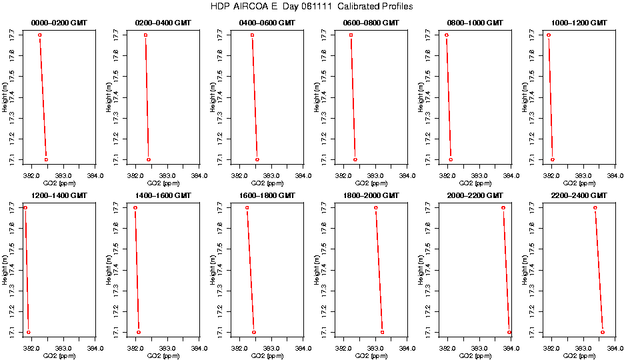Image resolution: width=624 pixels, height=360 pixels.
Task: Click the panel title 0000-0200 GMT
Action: tap(59, 23)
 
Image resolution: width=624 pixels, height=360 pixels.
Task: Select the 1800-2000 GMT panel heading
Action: tap(371, 195)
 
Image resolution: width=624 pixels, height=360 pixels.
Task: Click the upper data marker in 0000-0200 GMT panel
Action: tap(40, 35)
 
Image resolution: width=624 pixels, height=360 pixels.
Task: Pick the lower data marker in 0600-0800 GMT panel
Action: tap(355, 159)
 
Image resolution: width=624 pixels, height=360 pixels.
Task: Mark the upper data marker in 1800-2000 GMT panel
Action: tap(376, 207)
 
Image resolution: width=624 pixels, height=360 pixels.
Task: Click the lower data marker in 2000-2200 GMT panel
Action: tap(509, 332)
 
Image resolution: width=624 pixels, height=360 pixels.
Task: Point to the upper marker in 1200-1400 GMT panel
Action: tap(25, 207)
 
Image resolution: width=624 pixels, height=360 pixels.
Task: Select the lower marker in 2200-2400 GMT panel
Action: tap(603, 332)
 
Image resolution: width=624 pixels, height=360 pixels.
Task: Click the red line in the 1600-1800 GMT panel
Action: tap(251, 270)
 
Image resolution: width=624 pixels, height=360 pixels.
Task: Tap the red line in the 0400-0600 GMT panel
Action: tap(255, 97)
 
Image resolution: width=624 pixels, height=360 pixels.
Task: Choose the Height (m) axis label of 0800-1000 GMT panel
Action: tap(421, 97)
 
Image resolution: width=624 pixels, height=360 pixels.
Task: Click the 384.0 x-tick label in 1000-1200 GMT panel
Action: tap(615, 175)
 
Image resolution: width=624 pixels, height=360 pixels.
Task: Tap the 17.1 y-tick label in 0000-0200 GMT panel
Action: tap(12, 159)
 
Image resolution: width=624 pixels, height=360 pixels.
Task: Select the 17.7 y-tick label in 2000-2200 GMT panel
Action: tap(428, 207)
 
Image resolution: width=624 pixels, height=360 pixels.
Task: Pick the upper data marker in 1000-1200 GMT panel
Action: tap(549, 35)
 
